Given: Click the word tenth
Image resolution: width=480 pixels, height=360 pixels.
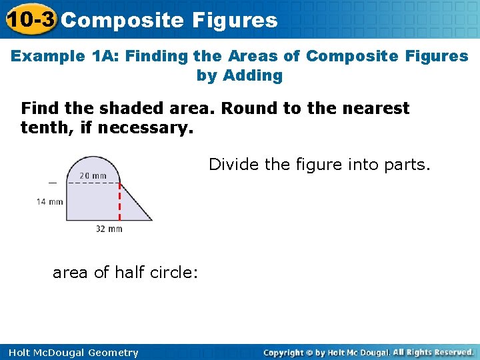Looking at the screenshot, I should [43, 127].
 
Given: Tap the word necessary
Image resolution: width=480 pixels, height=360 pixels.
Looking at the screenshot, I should [145, 127].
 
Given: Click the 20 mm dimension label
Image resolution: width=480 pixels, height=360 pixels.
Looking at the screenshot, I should [93, 176].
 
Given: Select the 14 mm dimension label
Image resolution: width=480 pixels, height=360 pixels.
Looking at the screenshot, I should [49, 201].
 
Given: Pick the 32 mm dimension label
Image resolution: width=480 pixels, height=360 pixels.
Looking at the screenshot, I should [109, 229].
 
